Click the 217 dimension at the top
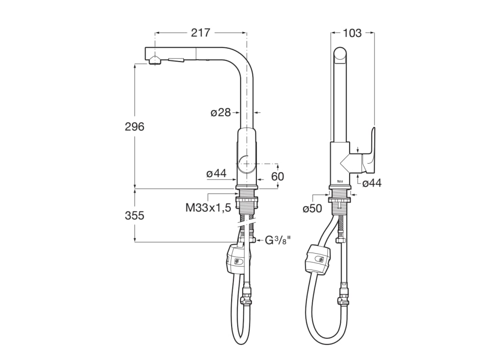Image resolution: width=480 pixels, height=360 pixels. tap(201, 33)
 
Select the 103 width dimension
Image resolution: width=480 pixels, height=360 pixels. tap(352, 33)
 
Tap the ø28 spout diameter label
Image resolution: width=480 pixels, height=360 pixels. tap(221, 112)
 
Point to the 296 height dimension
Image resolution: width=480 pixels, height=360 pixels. tap(135, 127)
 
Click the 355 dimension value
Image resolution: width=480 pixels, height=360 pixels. tap(135, 216)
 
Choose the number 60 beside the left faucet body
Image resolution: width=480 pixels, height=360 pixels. tap(278, 176)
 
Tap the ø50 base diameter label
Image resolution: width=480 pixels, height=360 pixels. tap(313, 209)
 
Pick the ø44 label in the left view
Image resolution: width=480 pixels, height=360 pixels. tap(217, 174)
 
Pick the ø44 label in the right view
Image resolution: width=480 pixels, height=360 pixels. tap(372, 183)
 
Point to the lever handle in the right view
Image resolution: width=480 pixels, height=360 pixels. tap(370, 150)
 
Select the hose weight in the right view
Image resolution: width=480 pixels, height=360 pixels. tap(317, 259)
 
